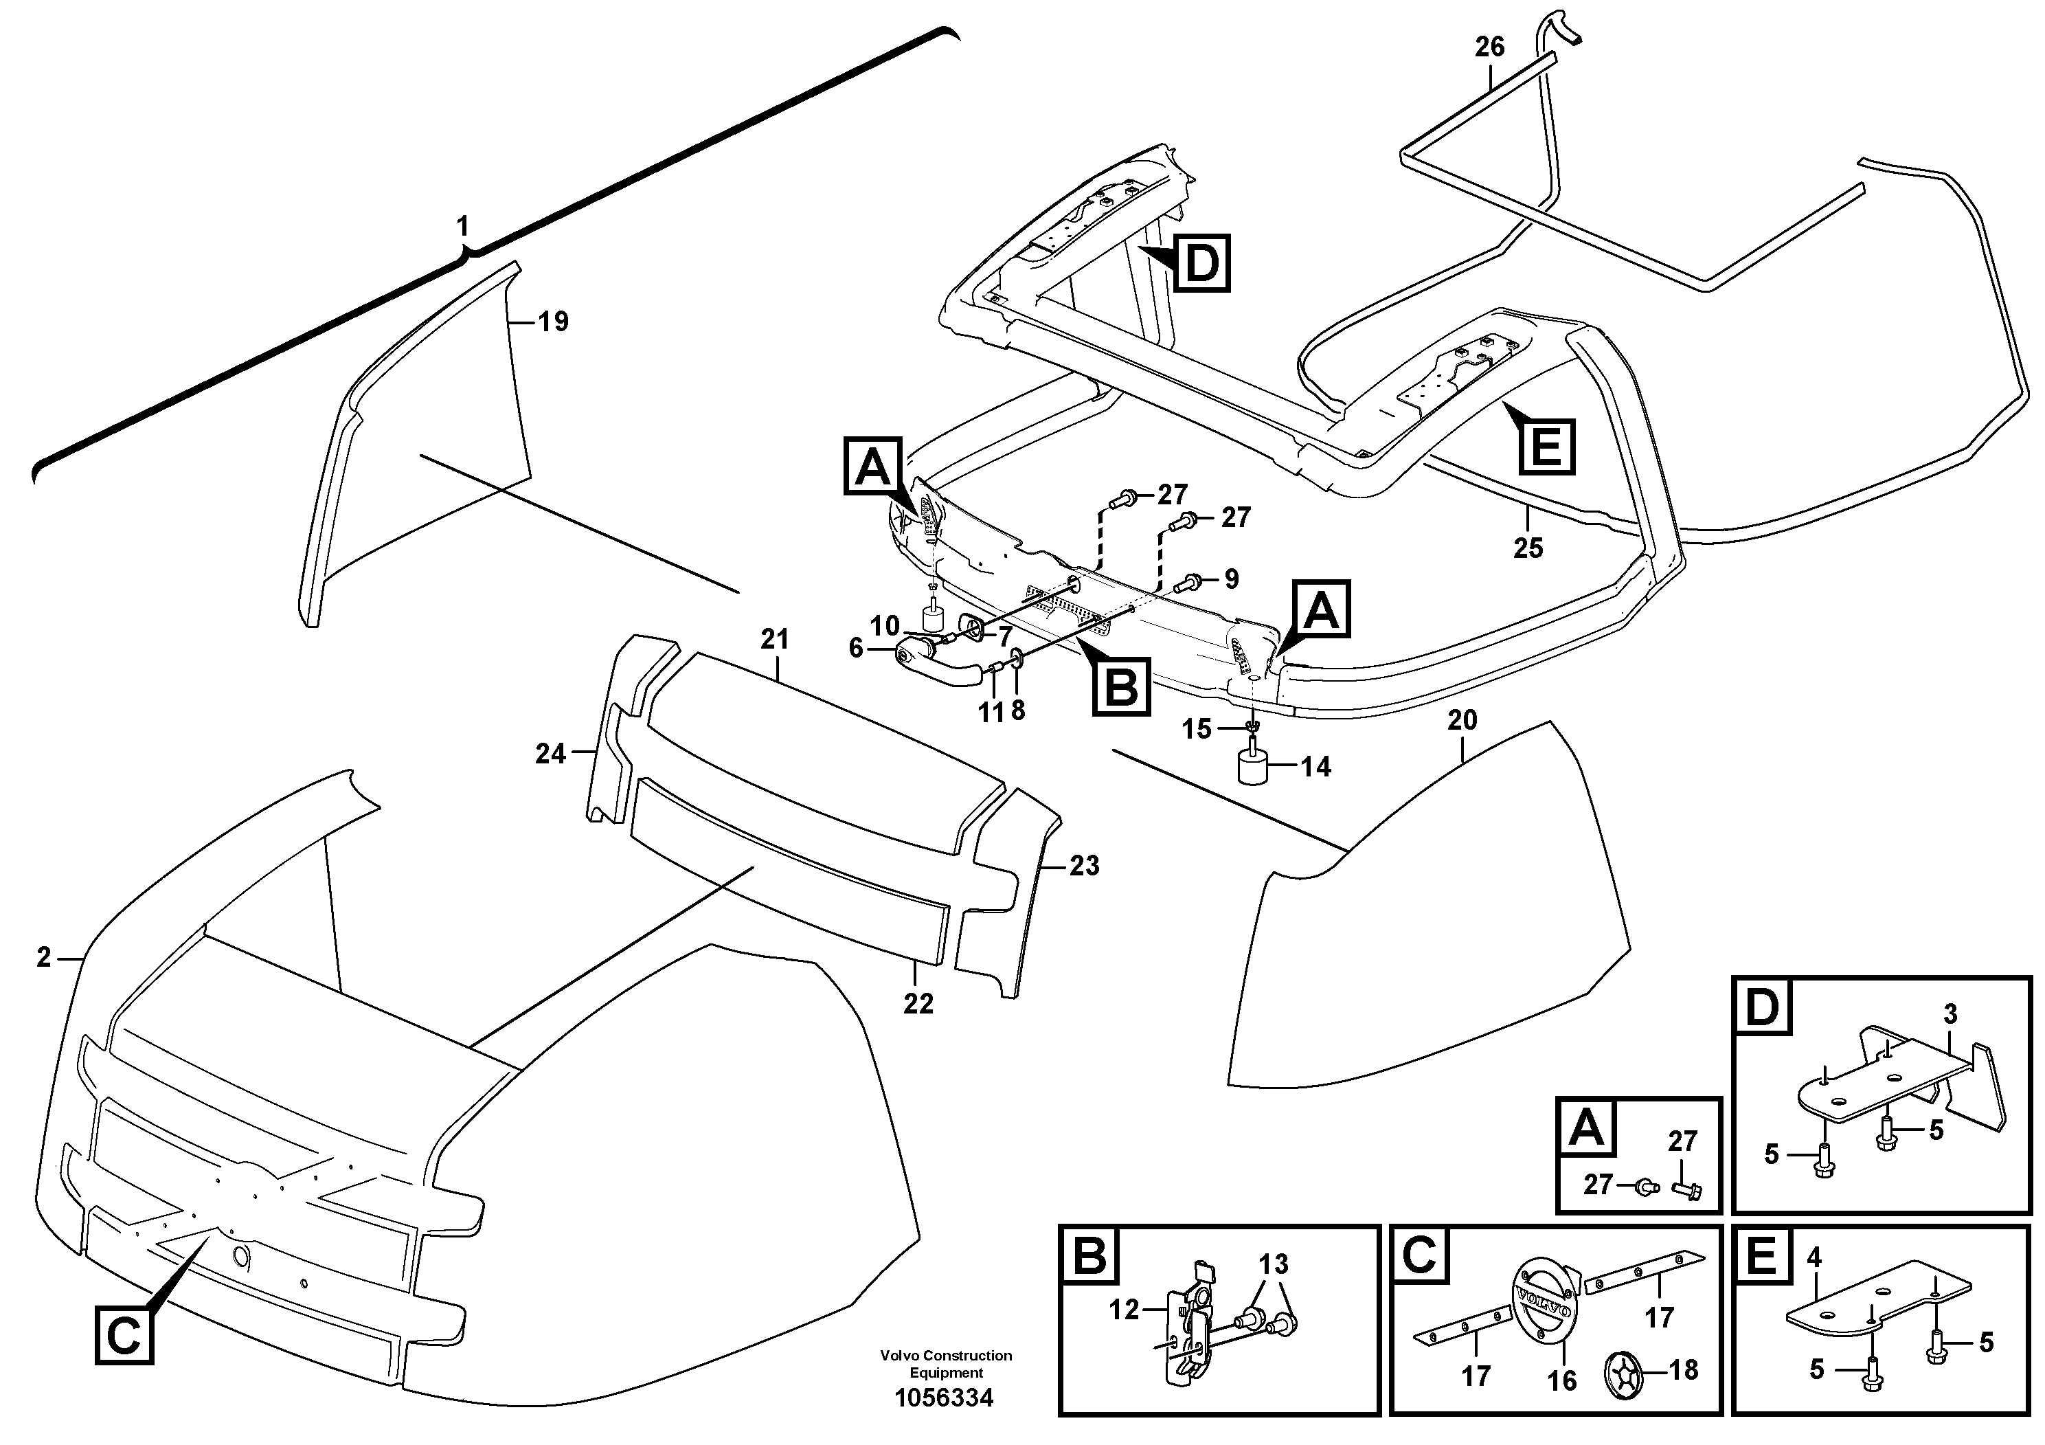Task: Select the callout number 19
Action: (x=553, y=322)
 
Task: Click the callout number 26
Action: (x=1489, y=47)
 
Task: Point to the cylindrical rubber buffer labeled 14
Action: (x=1252, y=768)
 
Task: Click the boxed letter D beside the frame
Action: (x=1201, y=264)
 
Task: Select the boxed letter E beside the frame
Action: (x=1546, y=445)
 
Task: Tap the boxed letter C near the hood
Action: (x=123, y=1336)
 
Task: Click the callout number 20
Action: (x=1462, y=720)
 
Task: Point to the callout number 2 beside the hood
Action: (x=45, y=958)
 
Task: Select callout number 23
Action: (x=1084, y=865)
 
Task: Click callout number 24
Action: (x=550, y=754)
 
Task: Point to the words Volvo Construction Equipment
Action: (x=945, y=1364)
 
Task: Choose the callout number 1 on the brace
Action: (x=462, y=227)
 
